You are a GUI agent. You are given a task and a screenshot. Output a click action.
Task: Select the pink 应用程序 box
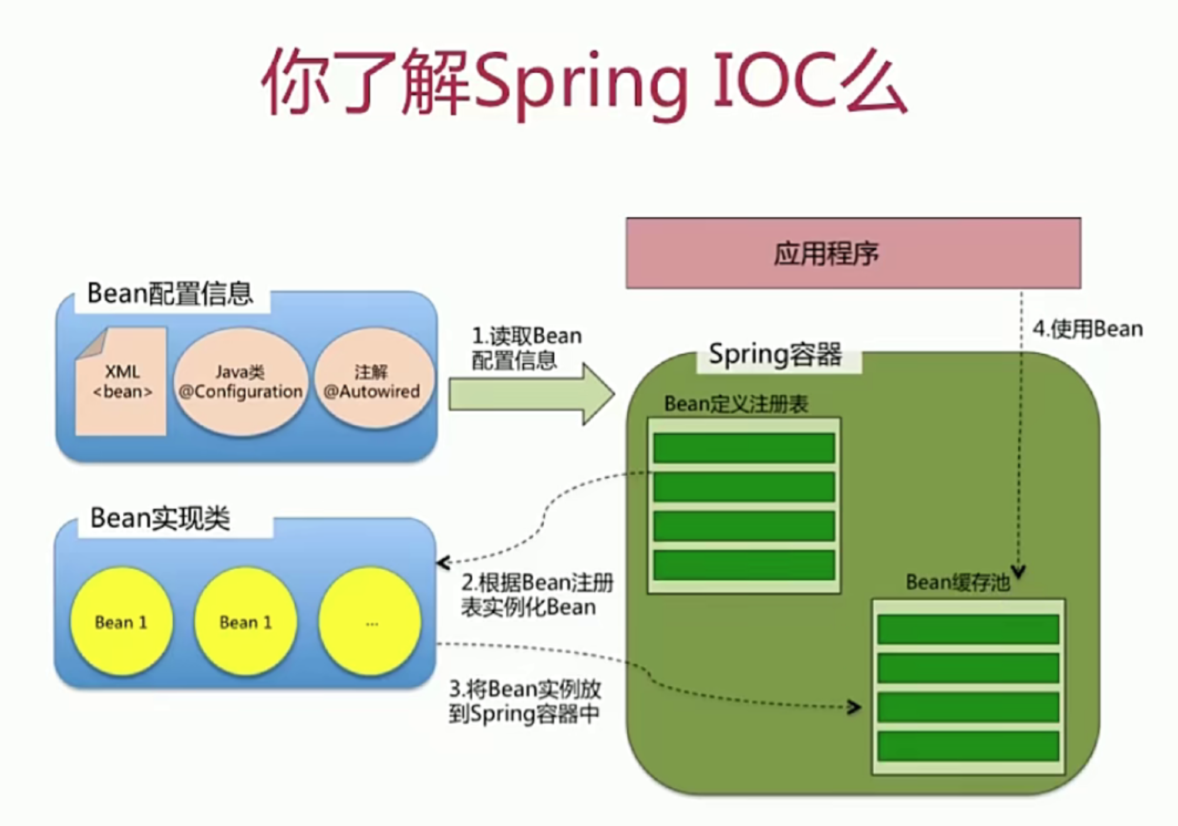(853, 253)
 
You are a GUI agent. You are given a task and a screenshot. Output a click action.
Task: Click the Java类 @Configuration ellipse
(240, 382)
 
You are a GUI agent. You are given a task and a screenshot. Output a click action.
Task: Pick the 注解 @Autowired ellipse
(372, 382)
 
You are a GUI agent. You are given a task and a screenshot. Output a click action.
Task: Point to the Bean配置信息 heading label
(170, 293)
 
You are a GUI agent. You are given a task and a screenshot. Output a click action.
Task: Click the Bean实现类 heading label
(160, 518)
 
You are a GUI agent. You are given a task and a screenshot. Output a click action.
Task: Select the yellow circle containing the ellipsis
(371, 622)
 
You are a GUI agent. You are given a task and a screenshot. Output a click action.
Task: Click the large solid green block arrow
(529, 394)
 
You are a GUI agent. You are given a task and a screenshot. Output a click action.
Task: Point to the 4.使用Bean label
(1088, 329)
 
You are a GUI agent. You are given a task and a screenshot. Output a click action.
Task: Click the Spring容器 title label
(775, 355)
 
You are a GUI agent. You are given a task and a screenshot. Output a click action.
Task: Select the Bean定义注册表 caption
(736, 404)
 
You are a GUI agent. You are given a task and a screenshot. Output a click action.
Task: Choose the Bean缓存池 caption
(957, 583)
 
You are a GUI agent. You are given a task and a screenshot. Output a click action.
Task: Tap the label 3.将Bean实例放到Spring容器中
(524, 701)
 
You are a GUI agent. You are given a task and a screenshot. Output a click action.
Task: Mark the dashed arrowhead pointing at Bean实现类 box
(443, 563)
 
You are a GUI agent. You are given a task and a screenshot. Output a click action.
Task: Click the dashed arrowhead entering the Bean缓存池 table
(855, 707)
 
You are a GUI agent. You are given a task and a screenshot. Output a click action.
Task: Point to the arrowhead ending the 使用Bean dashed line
(1019, 572)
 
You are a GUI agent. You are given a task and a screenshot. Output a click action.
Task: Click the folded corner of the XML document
(93, 344)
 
